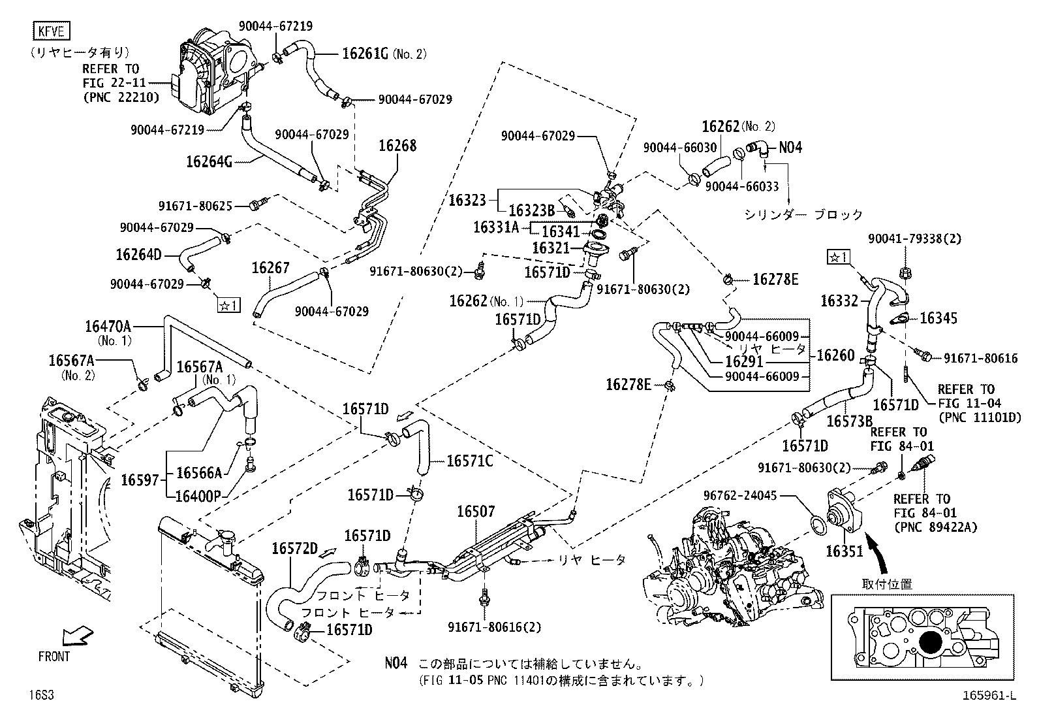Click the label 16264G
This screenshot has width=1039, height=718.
209,161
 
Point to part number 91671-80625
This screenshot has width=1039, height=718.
195,205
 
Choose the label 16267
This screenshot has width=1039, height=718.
270,268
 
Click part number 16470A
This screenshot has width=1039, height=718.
108,326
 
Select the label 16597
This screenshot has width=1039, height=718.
140,480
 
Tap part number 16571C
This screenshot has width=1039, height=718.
469,461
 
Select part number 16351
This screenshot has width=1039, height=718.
845,551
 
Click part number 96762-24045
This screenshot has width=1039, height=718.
740,496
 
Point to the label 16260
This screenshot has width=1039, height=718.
835,355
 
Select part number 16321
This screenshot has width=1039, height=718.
551,248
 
